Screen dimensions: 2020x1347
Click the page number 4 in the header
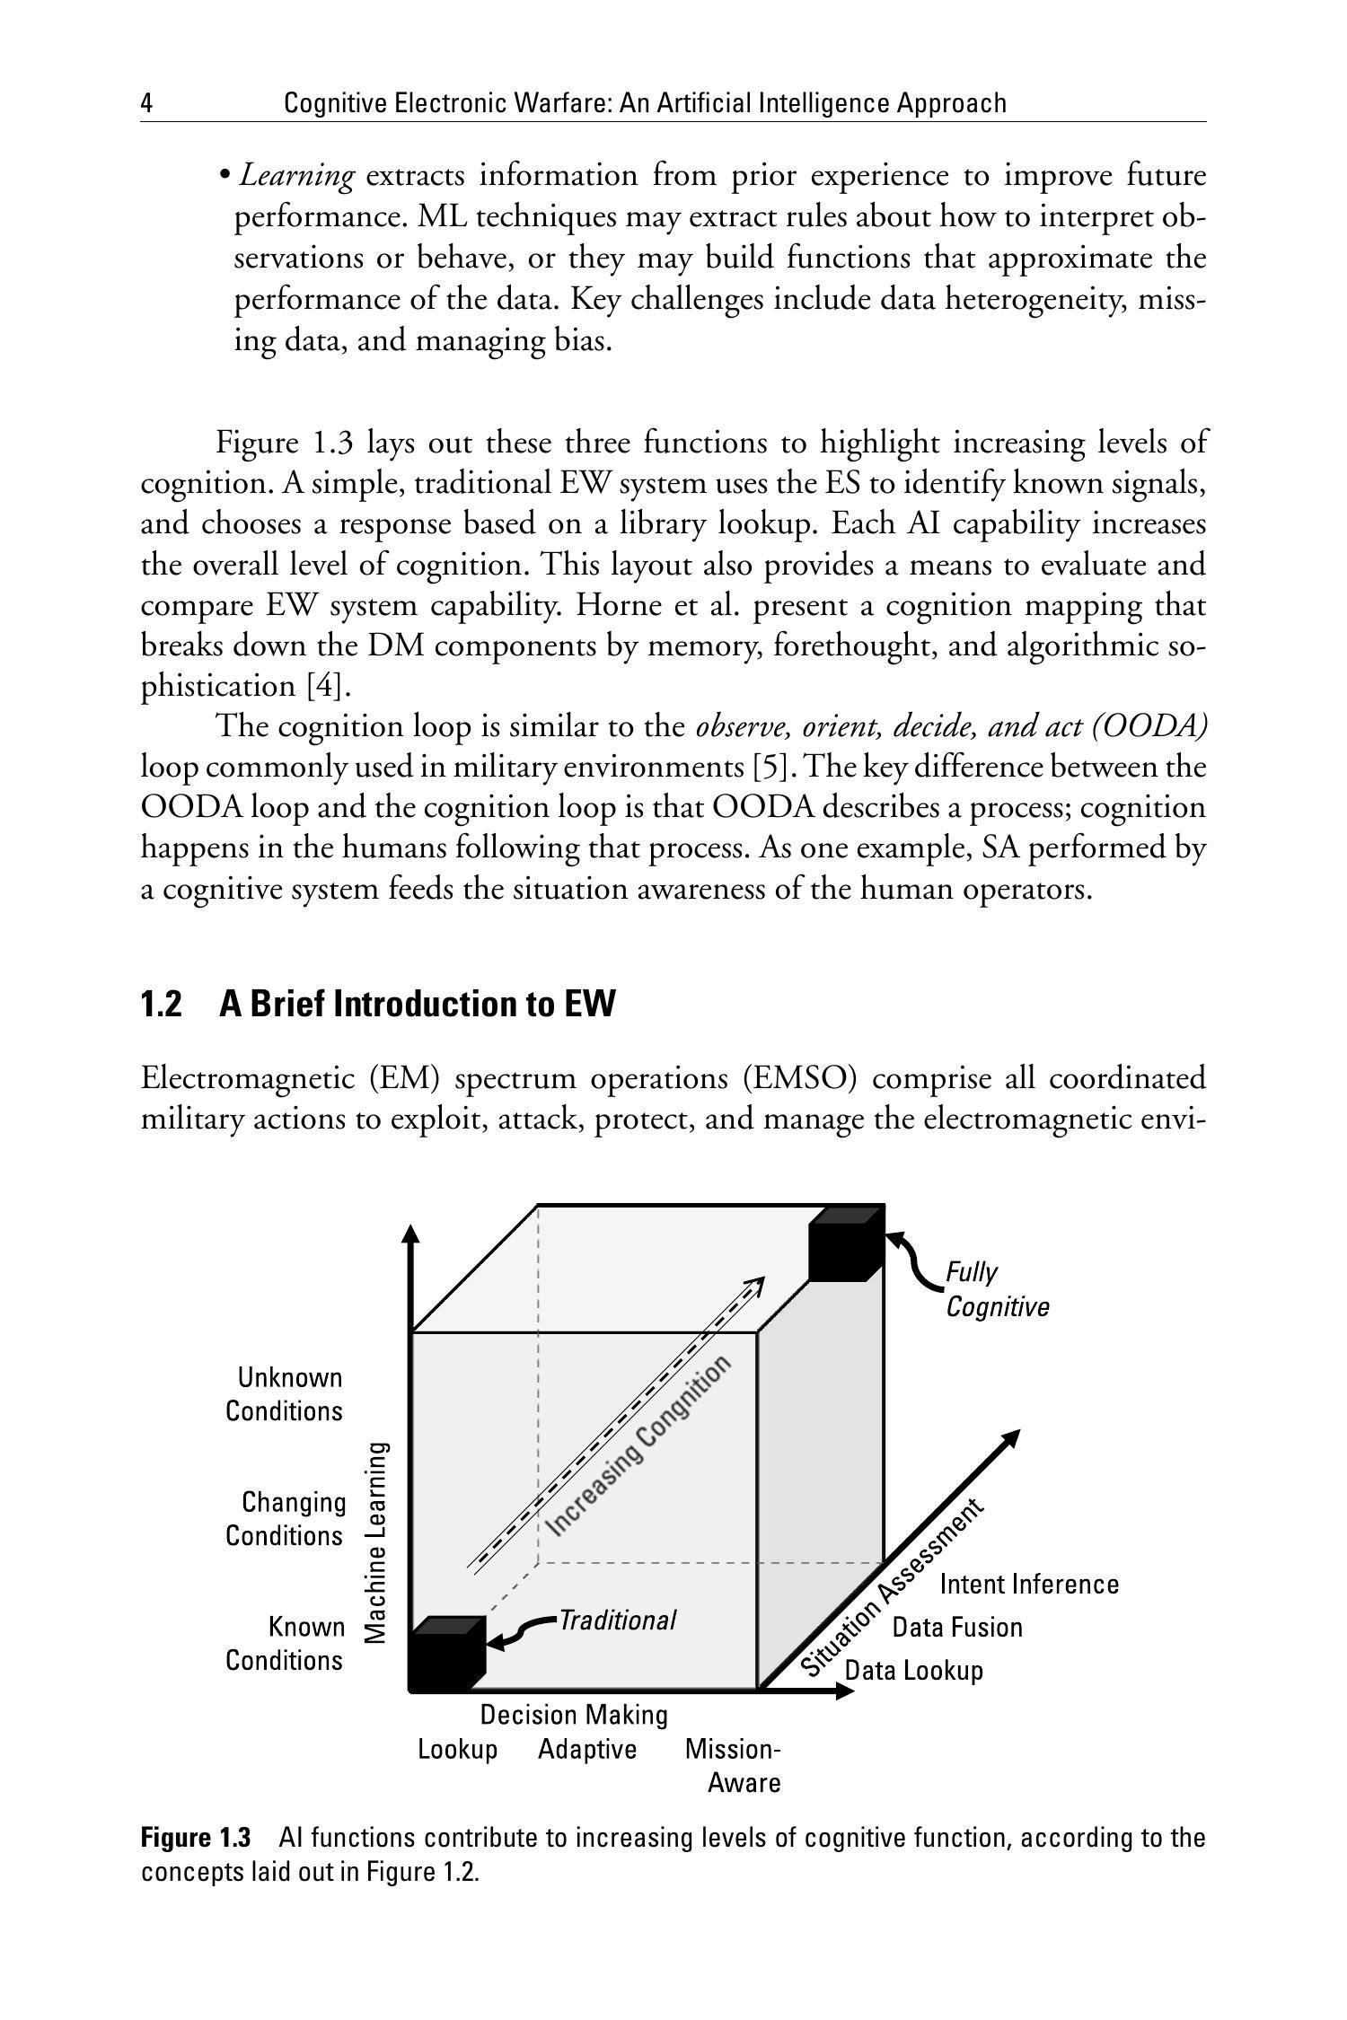(x=146, y=104)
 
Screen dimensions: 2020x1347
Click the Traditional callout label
(x=617, y=1620)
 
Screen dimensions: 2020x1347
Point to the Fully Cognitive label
(x=997, y=1289)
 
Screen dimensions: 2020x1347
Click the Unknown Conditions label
(x=285, y=1394)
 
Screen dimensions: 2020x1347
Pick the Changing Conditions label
(x=286, y=1519)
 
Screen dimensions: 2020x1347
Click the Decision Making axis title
(x=574, y=1715)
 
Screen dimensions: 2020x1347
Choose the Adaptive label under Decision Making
(x=587, y=1750)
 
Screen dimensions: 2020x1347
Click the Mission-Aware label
(x=735, y=1766)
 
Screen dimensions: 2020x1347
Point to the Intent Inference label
(x=1029, y=1585)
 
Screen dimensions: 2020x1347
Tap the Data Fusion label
(x=957, y=1628)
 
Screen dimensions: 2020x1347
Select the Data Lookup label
(x=914, y=1671)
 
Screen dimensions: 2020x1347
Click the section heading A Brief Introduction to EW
(x=417, y=1004)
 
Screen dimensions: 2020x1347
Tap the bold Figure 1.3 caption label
(x=196, y=1838)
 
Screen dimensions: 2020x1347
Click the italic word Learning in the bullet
(x=296, y=176)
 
